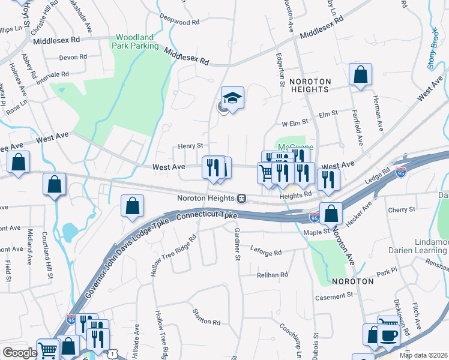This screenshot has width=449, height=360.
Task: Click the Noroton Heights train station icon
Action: pyautogui.click(x=241, y=198)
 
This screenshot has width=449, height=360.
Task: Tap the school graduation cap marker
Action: pyautogui.click(x=233, y=97)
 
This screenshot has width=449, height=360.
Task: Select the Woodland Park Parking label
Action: pyautogui.click(x=137, y=41)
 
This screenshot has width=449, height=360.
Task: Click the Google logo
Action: pyautogui.click(x=20, y=353)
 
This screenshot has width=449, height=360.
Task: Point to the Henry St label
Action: pyautogui.click(x=191, y=146)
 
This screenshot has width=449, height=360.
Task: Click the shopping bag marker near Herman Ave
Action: pyautogui.click(x=361, y=75)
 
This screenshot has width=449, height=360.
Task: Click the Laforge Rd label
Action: pyautogui.click(x=265, y=253)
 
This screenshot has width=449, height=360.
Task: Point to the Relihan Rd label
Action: pyautogui.click(x=273, y=274)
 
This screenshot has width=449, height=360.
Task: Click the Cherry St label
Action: pyautogui.click(x=402, y=209)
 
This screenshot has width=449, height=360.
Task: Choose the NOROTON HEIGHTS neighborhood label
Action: pyautogui.click(x=309, y=85)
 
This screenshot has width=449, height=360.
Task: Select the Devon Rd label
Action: pyautogui.click(x=73, y=58)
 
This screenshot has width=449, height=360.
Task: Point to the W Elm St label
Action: pyautogui.click(x=295, y=124)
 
